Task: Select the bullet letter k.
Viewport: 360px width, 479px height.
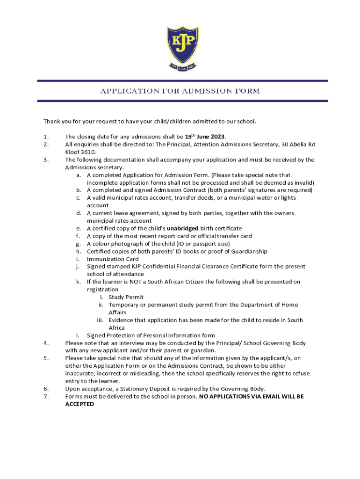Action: click(x=78, y=282)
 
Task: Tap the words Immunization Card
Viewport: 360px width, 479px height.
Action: click(x=113, y=259)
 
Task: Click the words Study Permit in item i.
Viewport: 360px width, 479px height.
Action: click(x=126, y=297)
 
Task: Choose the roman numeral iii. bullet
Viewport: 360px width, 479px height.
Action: click(x=100, y=320)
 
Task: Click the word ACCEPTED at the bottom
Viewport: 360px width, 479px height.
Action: click(x=79, y=404)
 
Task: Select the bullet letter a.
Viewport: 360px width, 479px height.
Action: click(x=78, y=175)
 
